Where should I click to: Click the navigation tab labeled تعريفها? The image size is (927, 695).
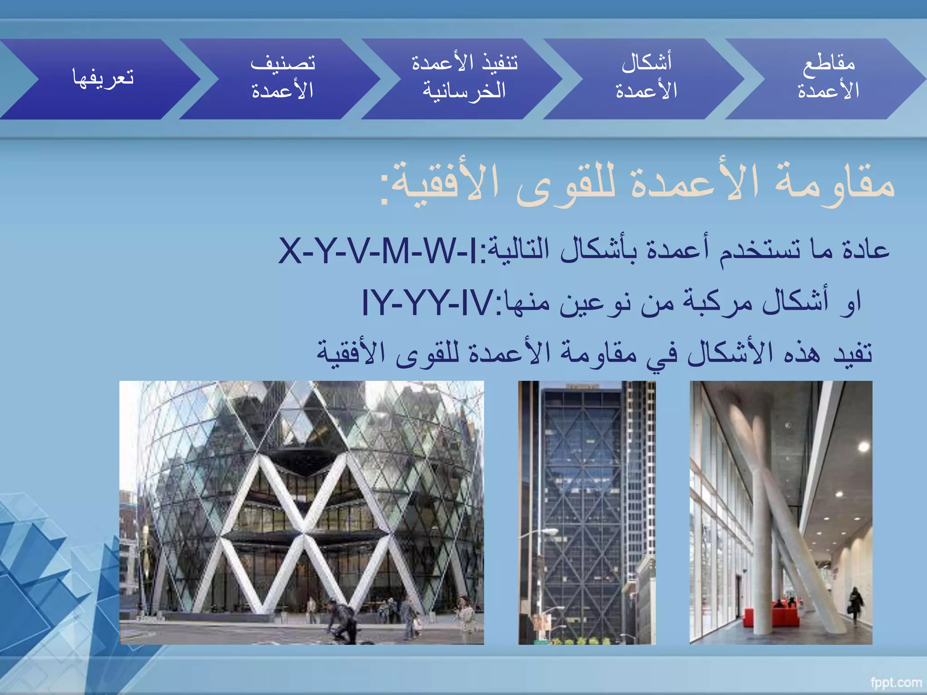pos(103,78)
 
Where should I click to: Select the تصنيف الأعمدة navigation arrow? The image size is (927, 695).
pos(282,78)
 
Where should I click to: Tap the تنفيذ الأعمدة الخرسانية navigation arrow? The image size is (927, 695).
pos(464,78)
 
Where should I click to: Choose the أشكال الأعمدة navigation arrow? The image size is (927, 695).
pos(646,78)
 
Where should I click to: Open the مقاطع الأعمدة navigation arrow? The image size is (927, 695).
pos(828,78)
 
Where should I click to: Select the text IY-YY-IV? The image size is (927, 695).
pos(428,302)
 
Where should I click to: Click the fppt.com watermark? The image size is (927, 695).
pos(896,682)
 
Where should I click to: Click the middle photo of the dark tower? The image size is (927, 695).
pos(587,512)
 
